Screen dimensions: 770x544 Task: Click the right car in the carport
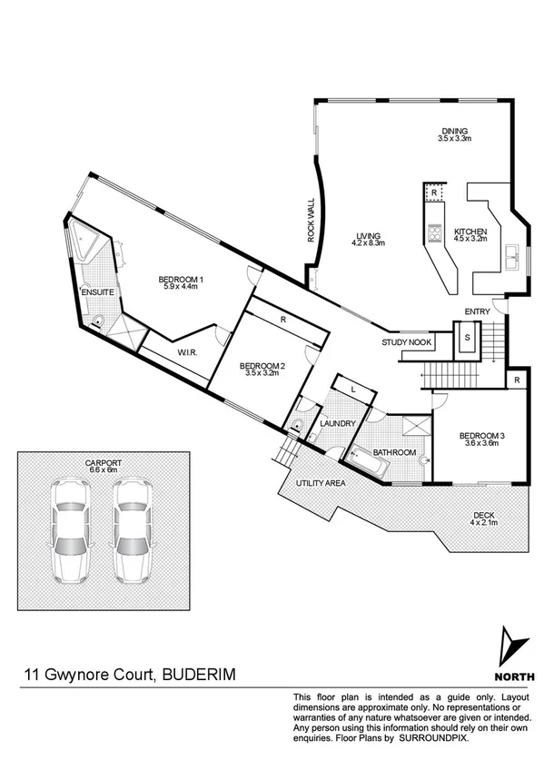131,530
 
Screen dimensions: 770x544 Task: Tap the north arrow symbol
514,646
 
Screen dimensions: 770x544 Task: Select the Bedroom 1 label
182,279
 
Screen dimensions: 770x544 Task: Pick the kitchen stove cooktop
435,233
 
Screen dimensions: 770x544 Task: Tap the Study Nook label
406,342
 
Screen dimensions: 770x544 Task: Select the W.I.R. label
188,352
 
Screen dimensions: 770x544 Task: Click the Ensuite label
96,293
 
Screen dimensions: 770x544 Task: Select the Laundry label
338,424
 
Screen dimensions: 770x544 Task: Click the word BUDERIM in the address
203,675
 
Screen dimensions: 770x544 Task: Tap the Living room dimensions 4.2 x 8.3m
369,243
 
